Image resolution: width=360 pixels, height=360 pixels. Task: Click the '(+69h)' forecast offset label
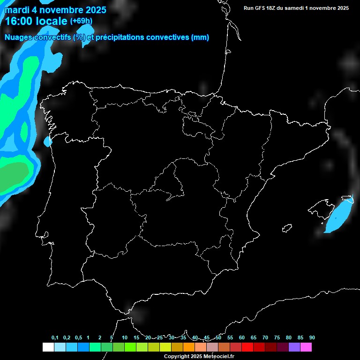point(81,21)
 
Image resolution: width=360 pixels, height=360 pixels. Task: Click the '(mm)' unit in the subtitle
point(200,37)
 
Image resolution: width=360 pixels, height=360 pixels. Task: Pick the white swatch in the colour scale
point(48,347)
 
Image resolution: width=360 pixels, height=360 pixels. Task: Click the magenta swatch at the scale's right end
point(306,347)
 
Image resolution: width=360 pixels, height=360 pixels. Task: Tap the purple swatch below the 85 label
point(294,347)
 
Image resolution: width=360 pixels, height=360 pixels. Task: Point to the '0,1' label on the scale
point(55,338)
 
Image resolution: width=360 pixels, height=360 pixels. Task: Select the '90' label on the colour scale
point(312,338)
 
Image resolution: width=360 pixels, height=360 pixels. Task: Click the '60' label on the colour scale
point(241,338)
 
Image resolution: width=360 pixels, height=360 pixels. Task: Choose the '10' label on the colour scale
point(124,338)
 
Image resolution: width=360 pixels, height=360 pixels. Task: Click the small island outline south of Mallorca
point(287,228)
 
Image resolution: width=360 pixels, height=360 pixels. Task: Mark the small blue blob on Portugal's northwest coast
point(48,141)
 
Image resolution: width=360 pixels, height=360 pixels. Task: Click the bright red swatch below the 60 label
point(247,347)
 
